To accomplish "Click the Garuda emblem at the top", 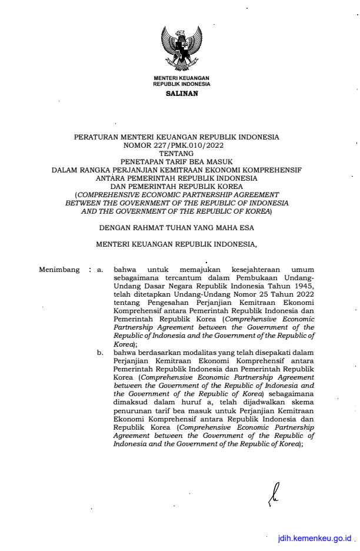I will coord(181,48).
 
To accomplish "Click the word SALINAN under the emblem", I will coord(182,93).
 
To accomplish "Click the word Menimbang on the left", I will coord(59,270).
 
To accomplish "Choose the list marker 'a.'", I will coord(100,270).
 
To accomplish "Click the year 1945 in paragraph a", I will coord(303,286).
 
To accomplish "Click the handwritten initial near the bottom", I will coord(272,493).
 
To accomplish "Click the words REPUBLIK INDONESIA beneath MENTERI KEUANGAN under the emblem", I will coord(181,84).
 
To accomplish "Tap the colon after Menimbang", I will coord(89,270).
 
